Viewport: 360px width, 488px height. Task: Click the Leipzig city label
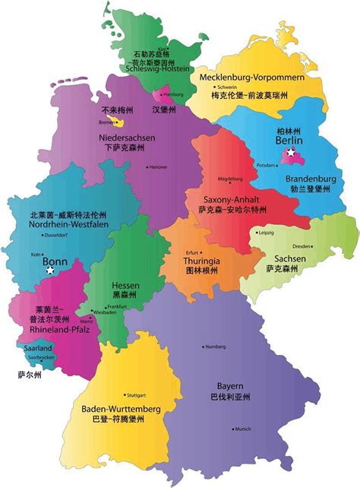[x=266, y=233]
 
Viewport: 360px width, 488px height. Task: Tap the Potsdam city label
[x=267, y=165]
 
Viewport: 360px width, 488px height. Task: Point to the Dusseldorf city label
[x=55, y=236]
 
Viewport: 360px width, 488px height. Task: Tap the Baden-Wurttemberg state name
[x=121, y=409]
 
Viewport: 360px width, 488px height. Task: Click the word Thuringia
[x=201, y=261]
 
